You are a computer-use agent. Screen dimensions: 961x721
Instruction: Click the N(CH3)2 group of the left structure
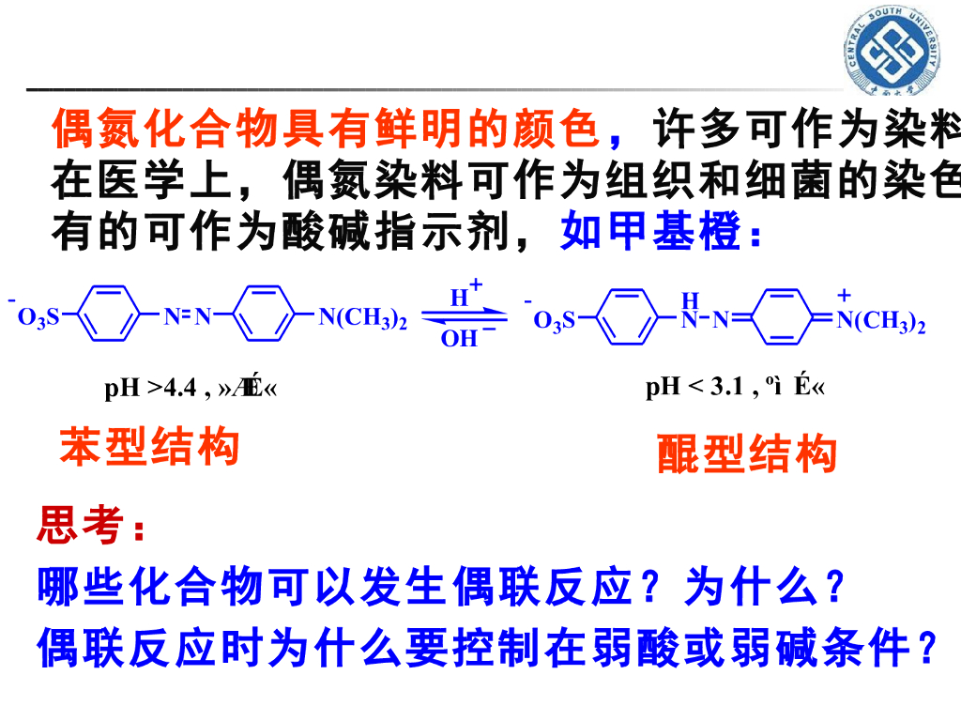click(x=362, y=318)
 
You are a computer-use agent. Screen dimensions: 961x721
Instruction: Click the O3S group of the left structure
click(x=38, y=318)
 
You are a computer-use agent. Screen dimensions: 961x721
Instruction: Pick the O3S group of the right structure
click(x=554, y=323)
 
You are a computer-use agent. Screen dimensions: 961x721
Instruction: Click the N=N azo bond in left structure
click(x=188, y=317)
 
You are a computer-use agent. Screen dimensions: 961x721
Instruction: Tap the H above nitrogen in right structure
click(x=690, y=300)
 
